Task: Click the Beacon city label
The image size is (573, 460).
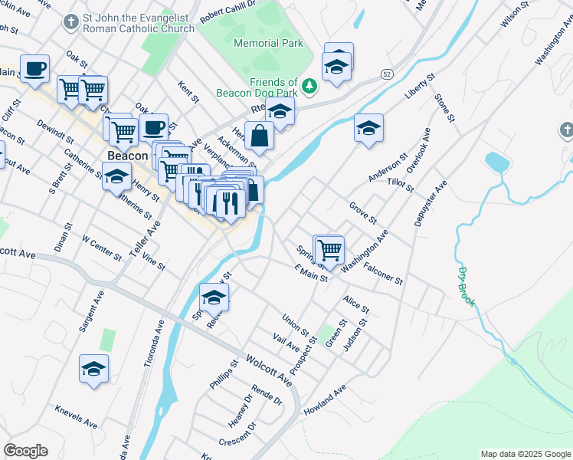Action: [127, 156]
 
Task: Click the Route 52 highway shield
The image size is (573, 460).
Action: [387, 73]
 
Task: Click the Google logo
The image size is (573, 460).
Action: [25, 451]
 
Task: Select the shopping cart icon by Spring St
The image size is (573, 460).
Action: [329, 249]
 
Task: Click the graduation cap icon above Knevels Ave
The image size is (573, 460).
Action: [94, 370]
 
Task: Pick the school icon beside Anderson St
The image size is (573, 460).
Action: [369, 129]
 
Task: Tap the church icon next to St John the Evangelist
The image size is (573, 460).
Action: [71, 22]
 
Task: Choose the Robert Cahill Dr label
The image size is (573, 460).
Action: [228, 11]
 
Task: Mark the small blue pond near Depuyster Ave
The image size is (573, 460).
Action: [497, 162]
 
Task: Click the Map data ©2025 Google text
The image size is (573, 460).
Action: [525, 454]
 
